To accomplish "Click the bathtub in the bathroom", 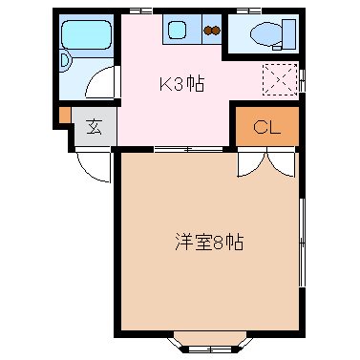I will click(x=83, y=35).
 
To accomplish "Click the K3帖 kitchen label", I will click(x=180, y=83).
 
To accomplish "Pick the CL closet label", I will click(x=266, y=127).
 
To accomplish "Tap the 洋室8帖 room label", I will click(x=209, y=242).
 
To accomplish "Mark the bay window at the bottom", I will click(x=208, y=339).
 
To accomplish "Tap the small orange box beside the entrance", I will click(x=65, y=116).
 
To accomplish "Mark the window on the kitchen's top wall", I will click(x=140, y=10).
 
